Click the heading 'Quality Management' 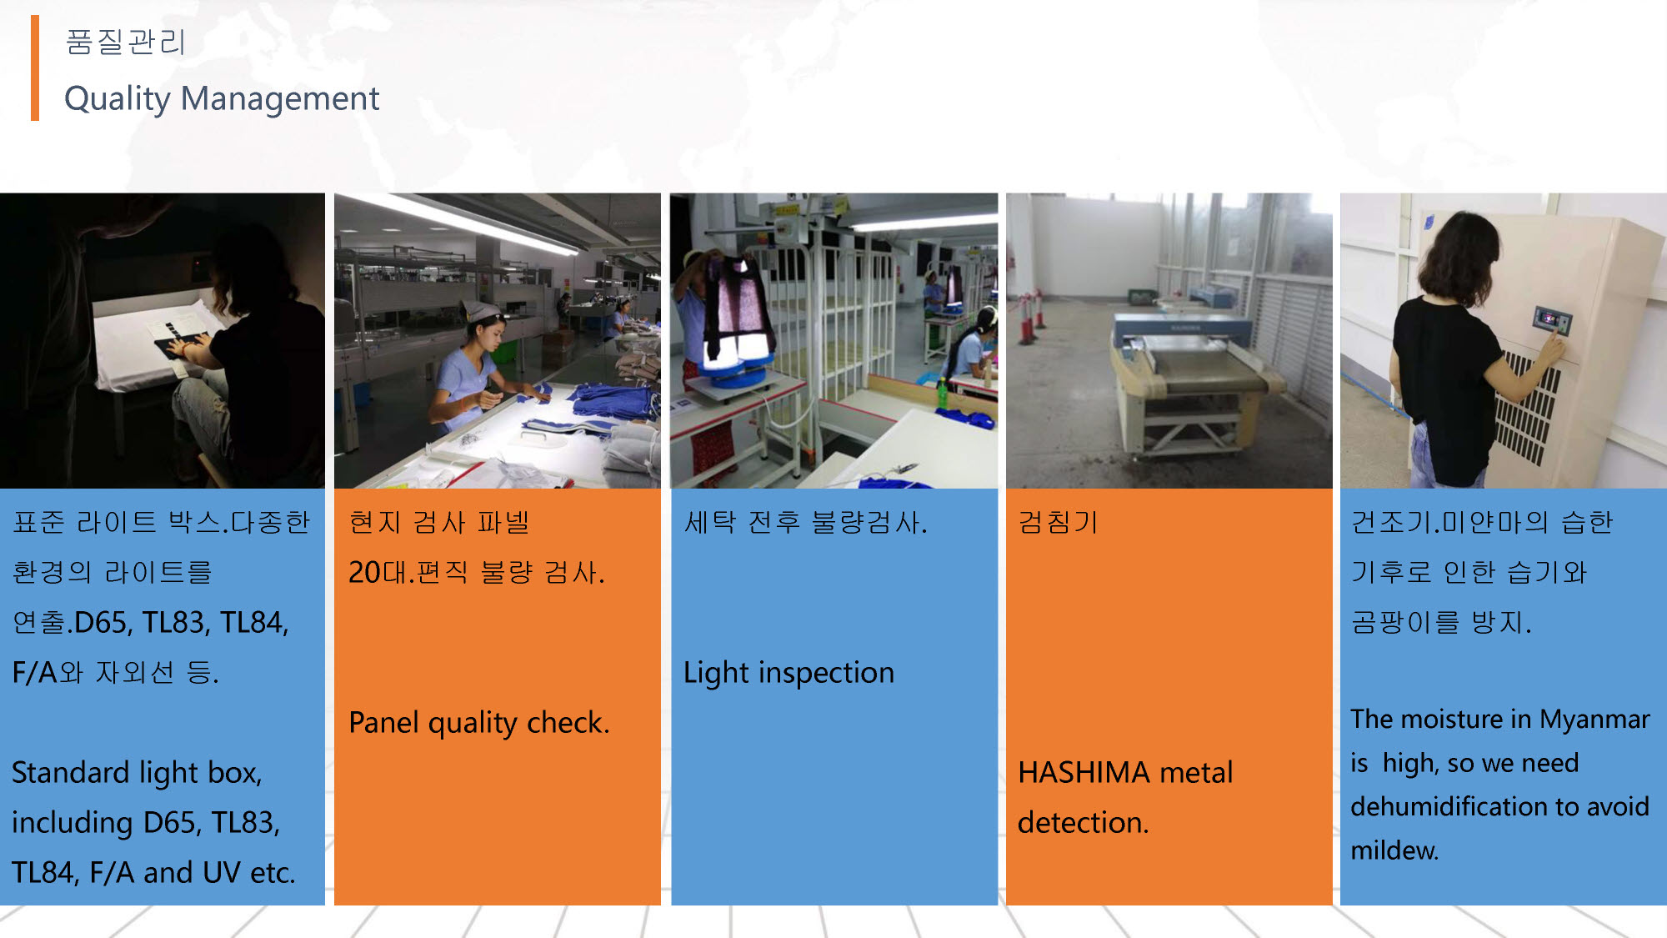[222, 98]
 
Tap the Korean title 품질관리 [125, 42]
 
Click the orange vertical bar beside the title [35, 68]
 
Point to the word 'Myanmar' [1594, 719]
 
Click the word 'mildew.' [1394, 850]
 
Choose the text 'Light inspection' [788, 673]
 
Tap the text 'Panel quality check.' [479, 723]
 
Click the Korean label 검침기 [1058, 522]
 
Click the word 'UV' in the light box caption [222, 873]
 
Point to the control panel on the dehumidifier [1551, 320]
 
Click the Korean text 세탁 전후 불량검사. [805, 523]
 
